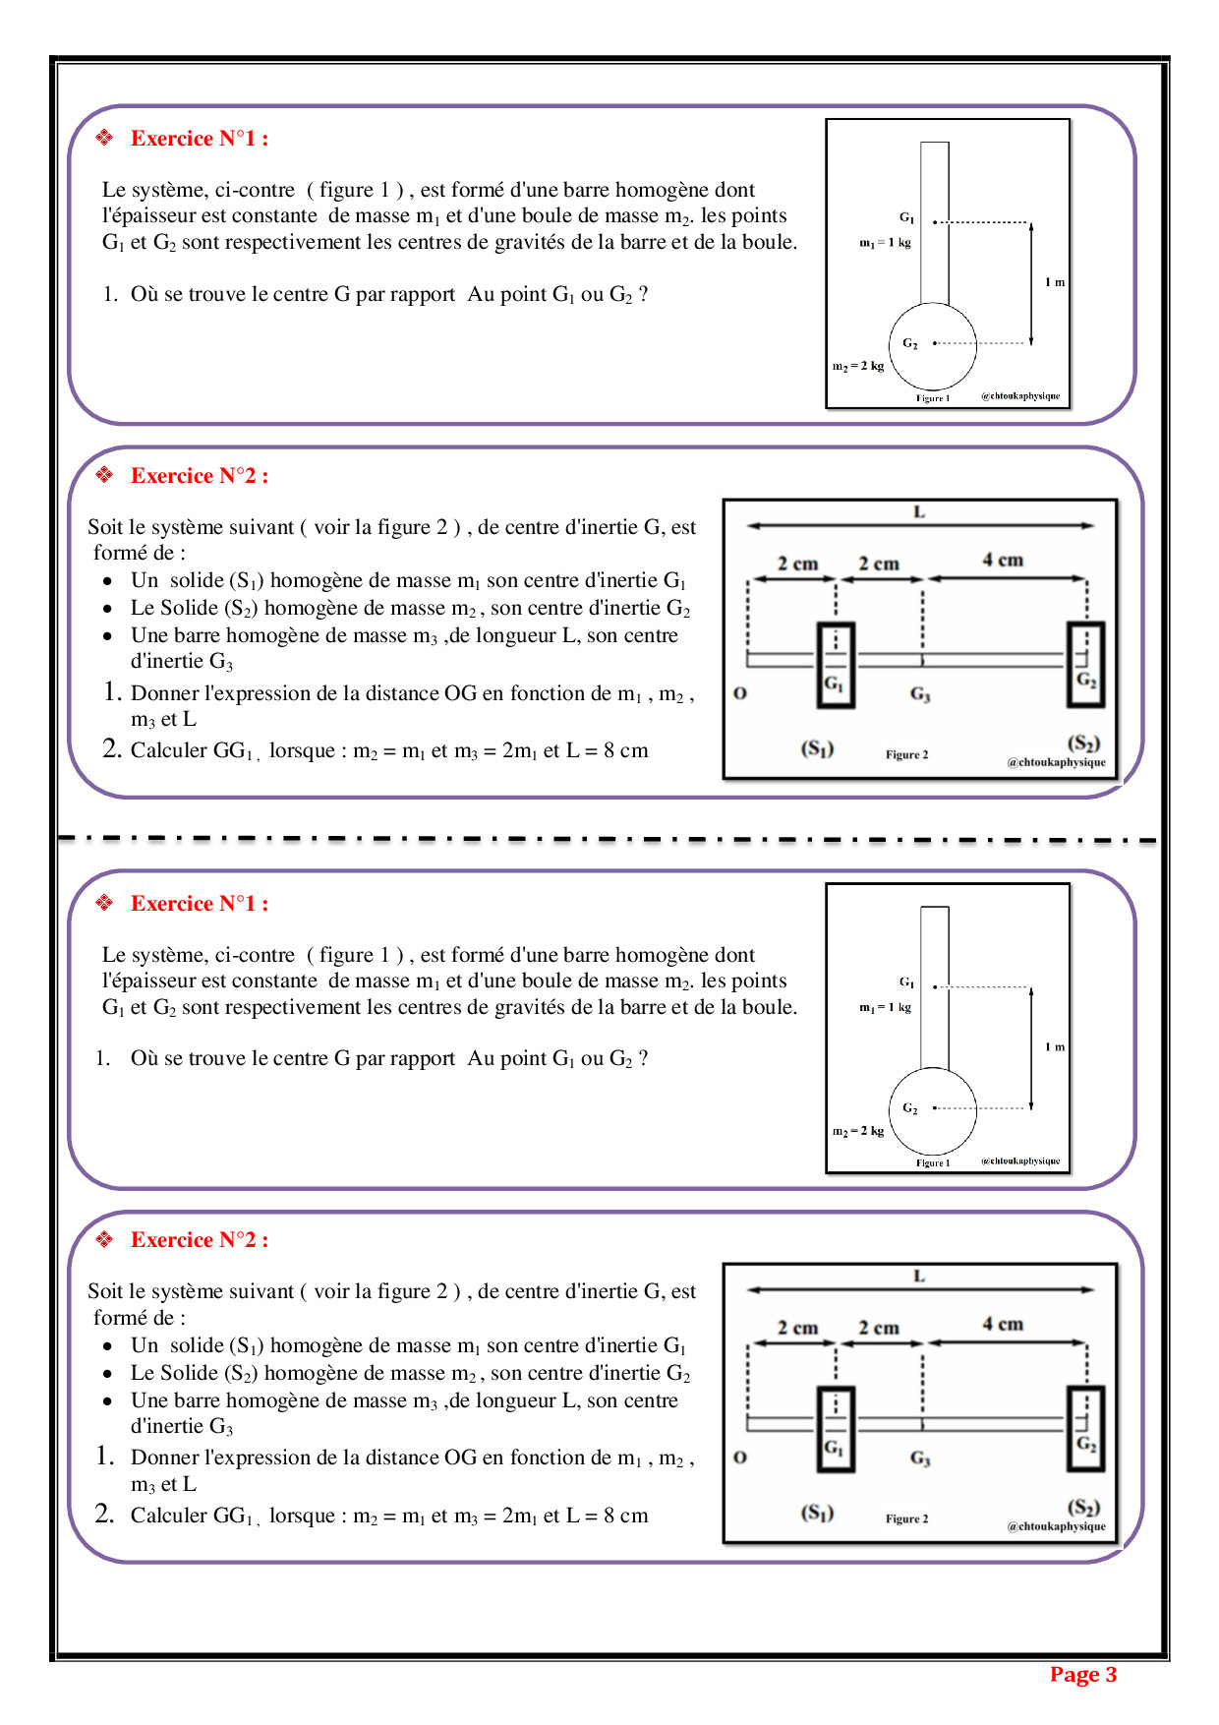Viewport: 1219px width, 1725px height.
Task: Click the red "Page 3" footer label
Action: point(1082,1675)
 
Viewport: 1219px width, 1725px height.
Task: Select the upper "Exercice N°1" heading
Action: point(199,139)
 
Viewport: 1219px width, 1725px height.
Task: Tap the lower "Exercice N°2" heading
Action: point(199,1240)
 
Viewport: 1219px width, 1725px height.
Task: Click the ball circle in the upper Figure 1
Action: point(933,364)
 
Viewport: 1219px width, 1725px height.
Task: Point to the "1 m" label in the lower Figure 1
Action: point(1055,1047)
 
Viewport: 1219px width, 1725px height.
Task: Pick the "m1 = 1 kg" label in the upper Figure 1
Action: point(885,243)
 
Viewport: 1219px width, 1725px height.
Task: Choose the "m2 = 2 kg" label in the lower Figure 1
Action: point(858,1131)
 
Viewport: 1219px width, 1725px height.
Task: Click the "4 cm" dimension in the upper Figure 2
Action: point(1003,561)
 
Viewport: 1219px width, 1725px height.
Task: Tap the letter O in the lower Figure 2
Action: point(740,1457)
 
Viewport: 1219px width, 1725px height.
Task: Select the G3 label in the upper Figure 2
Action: point(920,694)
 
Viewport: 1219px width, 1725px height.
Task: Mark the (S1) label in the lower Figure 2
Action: point(817,1513)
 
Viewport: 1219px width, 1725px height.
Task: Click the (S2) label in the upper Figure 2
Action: point(1083,743)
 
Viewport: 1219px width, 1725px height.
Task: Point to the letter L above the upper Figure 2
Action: point(919,511)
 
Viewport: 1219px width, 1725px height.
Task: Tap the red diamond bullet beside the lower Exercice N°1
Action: point(104,903)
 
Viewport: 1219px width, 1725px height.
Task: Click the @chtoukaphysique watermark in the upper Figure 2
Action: point(1056,762)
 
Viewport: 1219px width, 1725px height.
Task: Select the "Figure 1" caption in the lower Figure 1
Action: point(933,1162)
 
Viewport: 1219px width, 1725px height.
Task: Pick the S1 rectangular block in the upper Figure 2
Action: point(836,665)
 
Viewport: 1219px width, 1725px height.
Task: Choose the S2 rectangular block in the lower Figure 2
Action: point(1086,1429)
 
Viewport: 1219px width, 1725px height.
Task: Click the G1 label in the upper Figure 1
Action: point(906,217)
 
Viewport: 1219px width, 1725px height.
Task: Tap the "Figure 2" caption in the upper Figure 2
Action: point(906,755)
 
